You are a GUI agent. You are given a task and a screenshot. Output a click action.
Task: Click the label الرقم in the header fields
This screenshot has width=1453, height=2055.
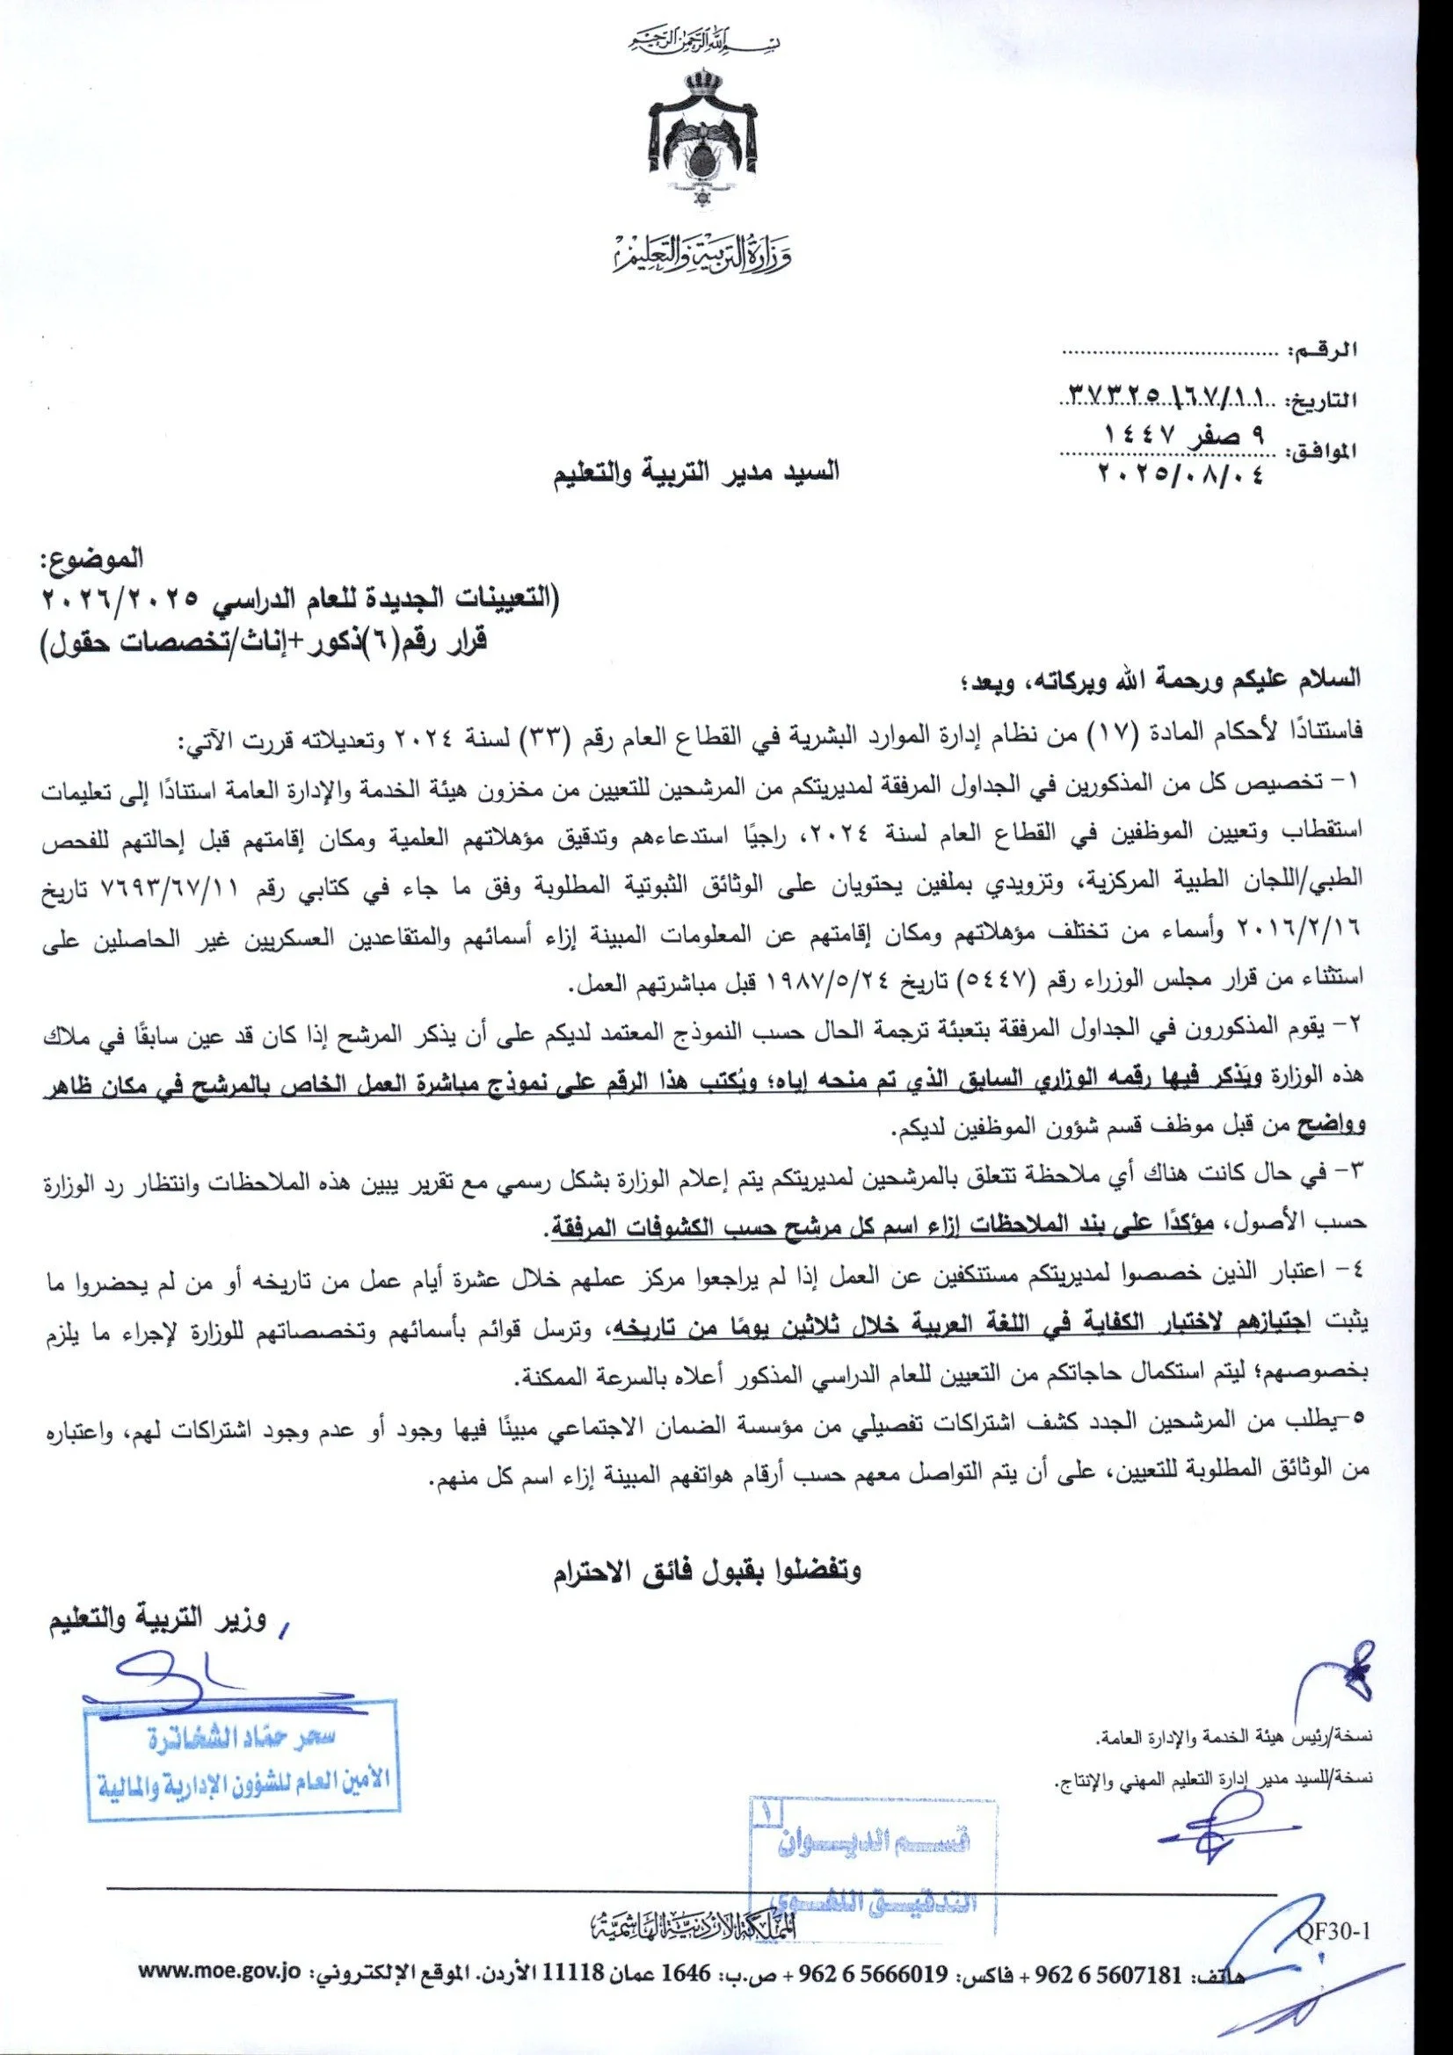(x=1323, y=352)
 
